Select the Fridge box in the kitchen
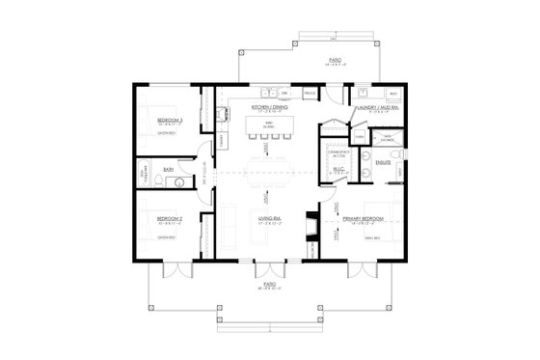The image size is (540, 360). (x=310, y=94)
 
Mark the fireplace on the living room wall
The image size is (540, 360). (x=309, y=225)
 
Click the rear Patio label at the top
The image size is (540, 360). (x=333, y=60)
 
